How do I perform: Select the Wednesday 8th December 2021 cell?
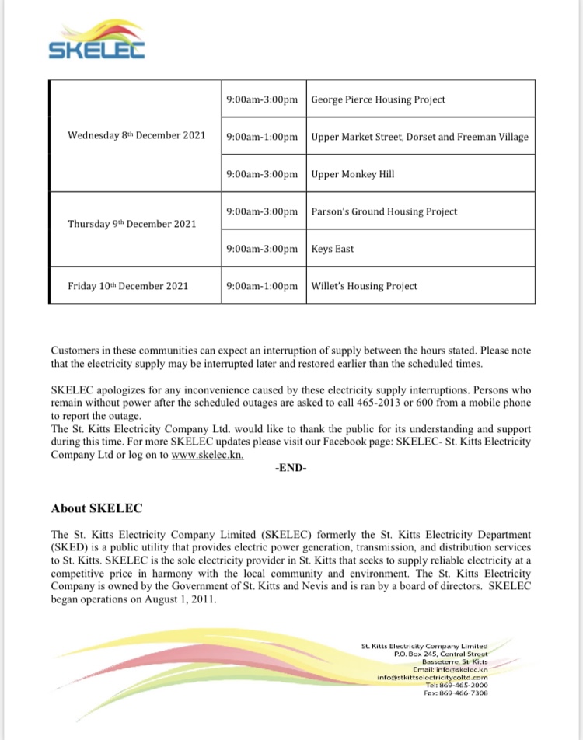(136, 135)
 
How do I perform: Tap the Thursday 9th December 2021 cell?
(131, 224)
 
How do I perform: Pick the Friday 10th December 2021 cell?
(128, 286)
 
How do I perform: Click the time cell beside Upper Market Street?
(262, 137)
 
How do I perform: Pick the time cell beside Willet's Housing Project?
(262, 286)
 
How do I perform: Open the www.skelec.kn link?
(204, 455)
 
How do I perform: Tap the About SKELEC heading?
(97, 508)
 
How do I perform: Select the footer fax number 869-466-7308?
(465, 693)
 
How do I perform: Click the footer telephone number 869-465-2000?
(465, 685)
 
